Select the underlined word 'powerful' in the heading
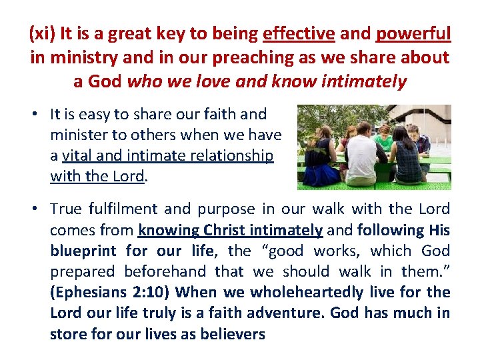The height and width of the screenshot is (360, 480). coord(414,33)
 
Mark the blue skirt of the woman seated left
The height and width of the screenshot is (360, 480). coord(316,176)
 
